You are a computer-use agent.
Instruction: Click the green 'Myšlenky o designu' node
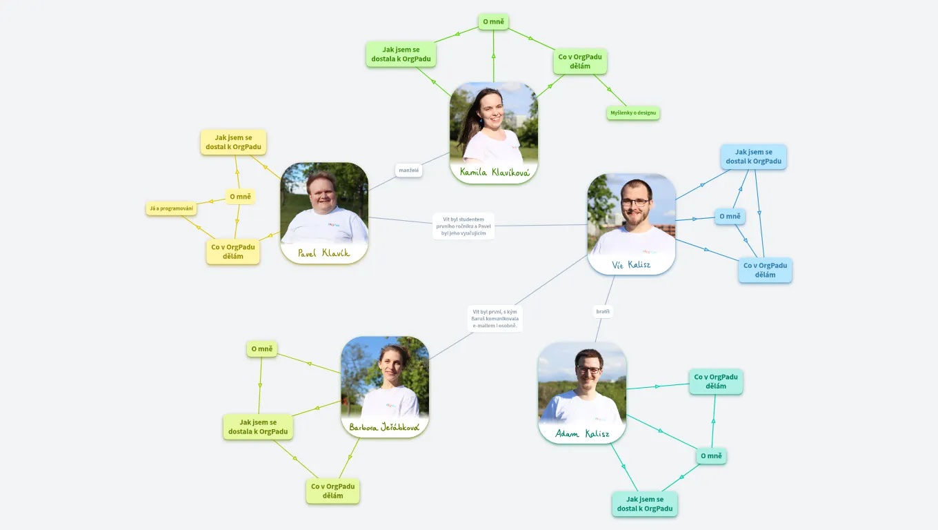(x=633, y=112)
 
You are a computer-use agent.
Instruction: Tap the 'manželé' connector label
(x=408, y=170)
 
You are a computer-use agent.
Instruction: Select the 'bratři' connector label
(x=603, y=311)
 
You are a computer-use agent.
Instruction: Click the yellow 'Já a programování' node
(x=172, y=208)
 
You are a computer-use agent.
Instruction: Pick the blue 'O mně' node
(x=730, y=216)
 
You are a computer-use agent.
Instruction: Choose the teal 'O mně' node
(x=711, y=455)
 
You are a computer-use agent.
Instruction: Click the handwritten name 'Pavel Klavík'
(x=323, y=253)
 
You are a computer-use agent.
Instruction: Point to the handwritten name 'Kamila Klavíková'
(x=494, y=172)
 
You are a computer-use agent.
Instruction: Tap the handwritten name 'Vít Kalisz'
(x=631, y=264)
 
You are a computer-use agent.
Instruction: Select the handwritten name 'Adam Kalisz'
(x=582, y=433)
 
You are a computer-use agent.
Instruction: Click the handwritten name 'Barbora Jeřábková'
(x=384, y=427)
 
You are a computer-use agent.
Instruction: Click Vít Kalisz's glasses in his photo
(x=635, y=203)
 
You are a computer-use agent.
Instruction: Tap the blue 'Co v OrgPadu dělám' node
(x=765, y=270)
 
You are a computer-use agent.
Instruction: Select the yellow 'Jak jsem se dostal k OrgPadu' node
(x=233, y=142)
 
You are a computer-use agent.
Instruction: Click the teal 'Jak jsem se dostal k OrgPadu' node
(x=645, y=504)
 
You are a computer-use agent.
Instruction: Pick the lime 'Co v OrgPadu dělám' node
(x=332, y=491)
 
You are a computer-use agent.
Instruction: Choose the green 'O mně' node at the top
(x=493, y=21)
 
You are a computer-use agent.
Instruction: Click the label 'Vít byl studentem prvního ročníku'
(x=463, y=226)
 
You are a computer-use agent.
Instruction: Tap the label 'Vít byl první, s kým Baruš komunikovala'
(x=495, y=318)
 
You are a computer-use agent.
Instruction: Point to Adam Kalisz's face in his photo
(x=588, y=369)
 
